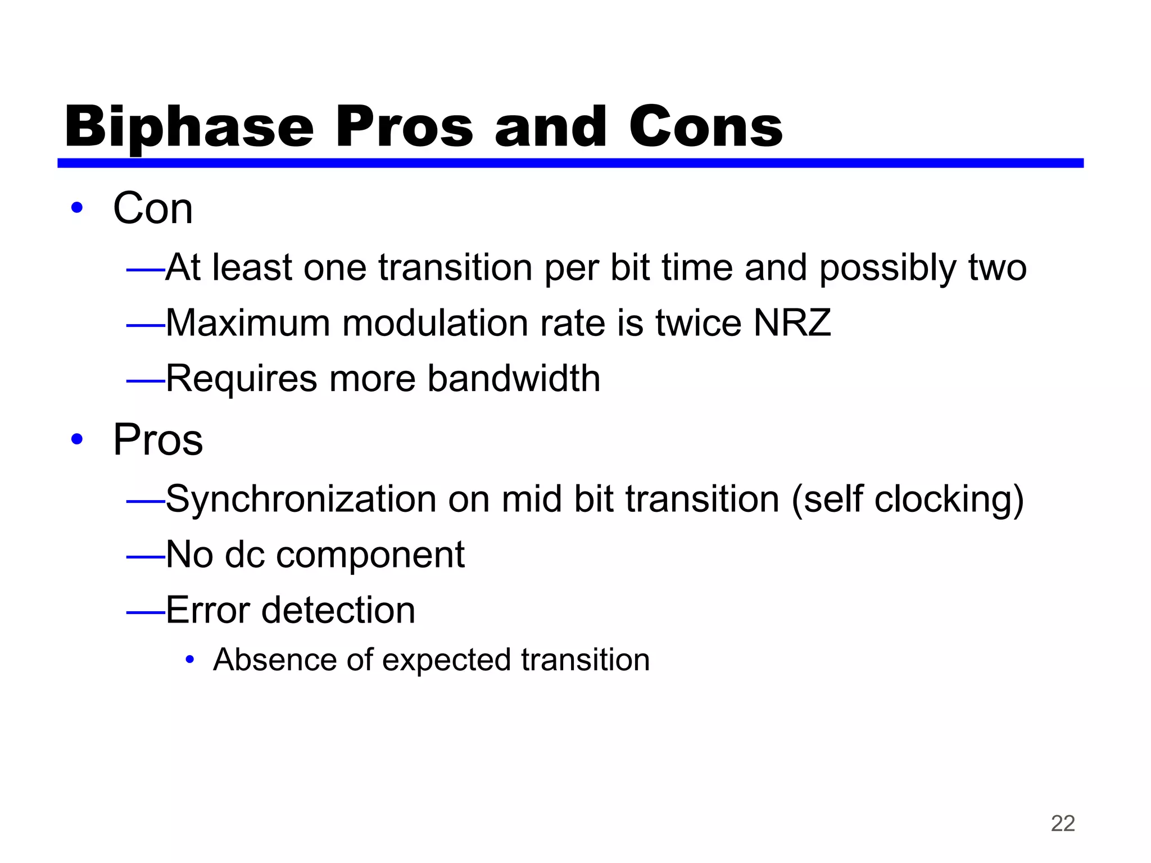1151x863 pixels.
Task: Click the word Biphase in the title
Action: (x=189, y=128)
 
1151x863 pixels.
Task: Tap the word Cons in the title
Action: (x=705, y=128)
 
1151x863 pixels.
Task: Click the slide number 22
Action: (x=1062, y=824)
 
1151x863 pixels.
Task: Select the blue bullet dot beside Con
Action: (x=77, y=208)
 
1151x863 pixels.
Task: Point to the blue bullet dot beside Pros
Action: (x=77, y=439)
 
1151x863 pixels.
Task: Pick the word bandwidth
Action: (x=514, y=378)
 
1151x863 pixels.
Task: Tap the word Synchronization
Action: (x=301, y=499)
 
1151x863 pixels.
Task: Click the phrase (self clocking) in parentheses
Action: (x=907, y=499)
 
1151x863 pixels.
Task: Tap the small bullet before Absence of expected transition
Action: (x=190, y=660)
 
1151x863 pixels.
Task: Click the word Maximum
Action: (x=248, y=323)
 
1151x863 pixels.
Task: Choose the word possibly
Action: (x=888, y=268)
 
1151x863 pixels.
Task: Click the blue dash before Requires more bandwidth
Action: (x=145, y=381)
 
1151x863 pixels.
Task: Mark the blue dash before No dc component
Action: (x=145, y=557)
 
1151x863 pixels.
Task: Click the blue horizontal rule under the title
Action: (x=570, y=163)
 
